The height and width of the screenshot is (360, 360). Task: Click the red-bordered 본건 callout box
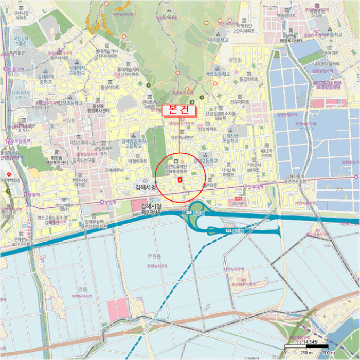click(178, 110)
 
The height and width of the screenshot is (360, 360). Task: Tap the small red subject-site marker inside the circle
click(179, 179)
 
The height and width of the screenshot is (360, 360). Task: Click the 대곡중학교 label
click(219, 39)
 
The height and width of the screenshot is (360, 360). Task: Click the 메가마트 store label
click(238, 203)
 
